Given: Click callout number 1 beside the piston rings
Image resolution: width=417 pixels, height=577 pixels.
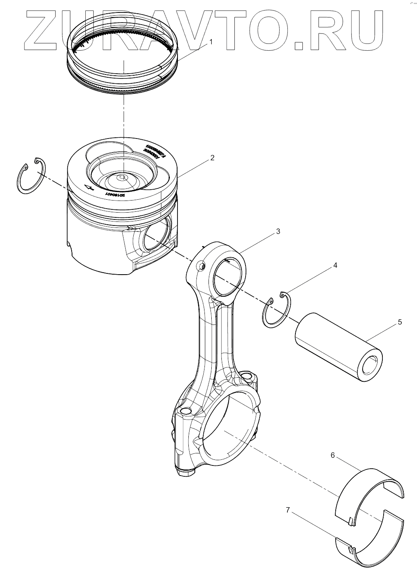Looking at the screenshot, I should (x=211, y=41).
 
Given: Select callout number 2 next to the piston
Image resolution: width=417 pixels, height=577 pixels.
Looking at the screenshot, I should (x=212, y=157).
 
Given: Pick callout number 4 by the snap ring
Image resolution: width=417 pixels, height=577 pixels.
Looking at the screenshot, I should (x=334, y=266).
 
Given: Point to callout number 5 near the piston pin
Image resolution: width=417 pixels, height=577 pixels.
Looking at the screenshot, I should (x=400, y=322).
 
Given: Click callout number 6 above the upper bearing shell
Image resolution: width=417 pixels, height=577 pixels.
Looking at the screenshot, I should (x=332, y=455).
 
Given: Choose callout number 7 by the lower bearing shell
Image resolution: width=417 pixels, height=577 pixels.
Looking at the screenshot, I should (x=288, y=510).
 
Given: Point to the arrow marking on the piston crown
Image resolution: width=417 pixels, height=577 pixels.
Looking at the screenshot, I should (x=88, y=186).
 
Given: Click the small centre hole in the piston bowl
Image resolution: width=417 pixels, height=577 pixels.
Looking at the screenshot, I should (x=122, y=178).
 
